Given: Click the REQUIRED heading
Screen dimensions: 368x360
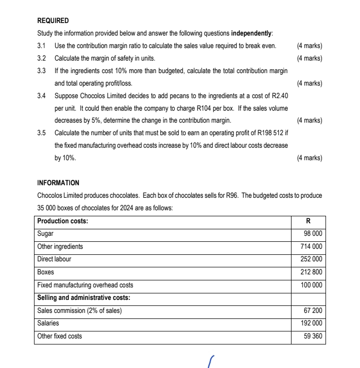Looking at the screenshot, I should (x=53, y=21).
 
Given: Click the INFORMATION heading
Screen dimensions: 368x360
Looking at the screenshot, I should (x=58, y=183).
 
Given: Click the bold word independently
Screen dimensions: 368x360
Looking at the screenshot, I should (x=251, y=34).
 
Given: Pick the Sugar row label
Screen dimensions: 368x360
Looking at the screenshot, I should (x=45, y=233).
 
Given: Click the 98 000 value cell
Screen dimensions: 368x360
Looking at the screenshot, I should (x=312, y=234).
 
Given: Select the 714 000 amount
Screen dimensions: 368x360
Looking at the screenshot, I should (x=311, y=246).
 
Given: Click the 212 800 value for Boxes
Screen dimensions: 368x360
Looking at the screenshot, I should (x=311, y=272).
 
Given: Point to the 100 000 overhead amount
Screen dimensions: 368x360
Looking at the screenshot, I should (x=311, y=285).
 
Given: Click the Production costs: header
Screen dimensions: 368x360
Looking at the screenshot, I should (x=62, y=221).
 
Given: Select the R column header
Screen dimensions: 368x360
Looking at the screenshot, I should (x=308, y=221).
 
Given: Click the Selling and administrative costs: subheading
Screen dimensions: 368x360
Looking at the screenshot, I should (x=83, y=298).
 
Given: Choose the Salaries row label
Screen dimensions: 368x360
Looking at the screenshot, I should (x=48, y=323).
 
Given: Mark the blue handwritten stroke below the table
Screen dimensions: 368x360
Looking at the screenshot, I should (x=211, y=361).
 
